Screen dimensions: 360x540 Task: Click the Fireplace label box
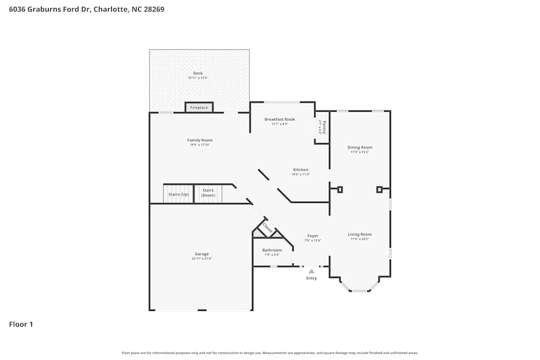click(199, 107)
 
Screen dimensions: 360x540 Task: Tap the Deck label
click(198, 73)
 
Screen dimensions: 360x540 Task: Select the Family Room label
click(200, 140)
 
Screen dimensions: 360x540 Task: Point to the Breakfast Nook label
click(280, 119)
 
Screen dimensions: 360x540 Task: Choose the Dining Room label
click(360, 147)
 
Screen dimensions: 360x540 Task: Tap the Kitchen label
click(301, 170)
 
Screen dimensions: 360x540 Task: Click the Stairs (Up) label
click(179, 194)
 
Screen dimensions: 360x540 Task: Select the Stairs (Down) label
click(208, 193)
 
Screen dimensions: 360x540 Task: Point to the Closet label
click(267, 228)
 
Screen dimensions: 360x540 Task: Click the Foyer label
click(313, 236)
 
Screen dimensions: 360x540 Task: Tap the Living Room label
click(360, 234)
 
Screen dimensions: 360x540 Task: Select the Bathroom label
click(272, 250)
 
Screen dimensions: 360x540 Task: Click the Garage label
click(202, 254)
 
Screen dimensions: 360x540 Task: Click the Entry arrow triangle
click(312, 271)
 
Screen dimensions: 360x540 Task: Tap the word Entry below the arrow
click(312, 278)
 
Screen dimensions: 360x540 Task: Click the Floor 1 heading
click(21, 324)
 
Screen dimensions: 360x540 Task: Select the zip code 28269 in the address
click(154, 9)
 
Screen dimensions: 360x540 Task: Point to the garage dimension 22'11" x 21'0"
click(202, 259)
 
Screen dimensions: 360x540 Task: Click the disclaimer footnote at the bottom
click(270, 353)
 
